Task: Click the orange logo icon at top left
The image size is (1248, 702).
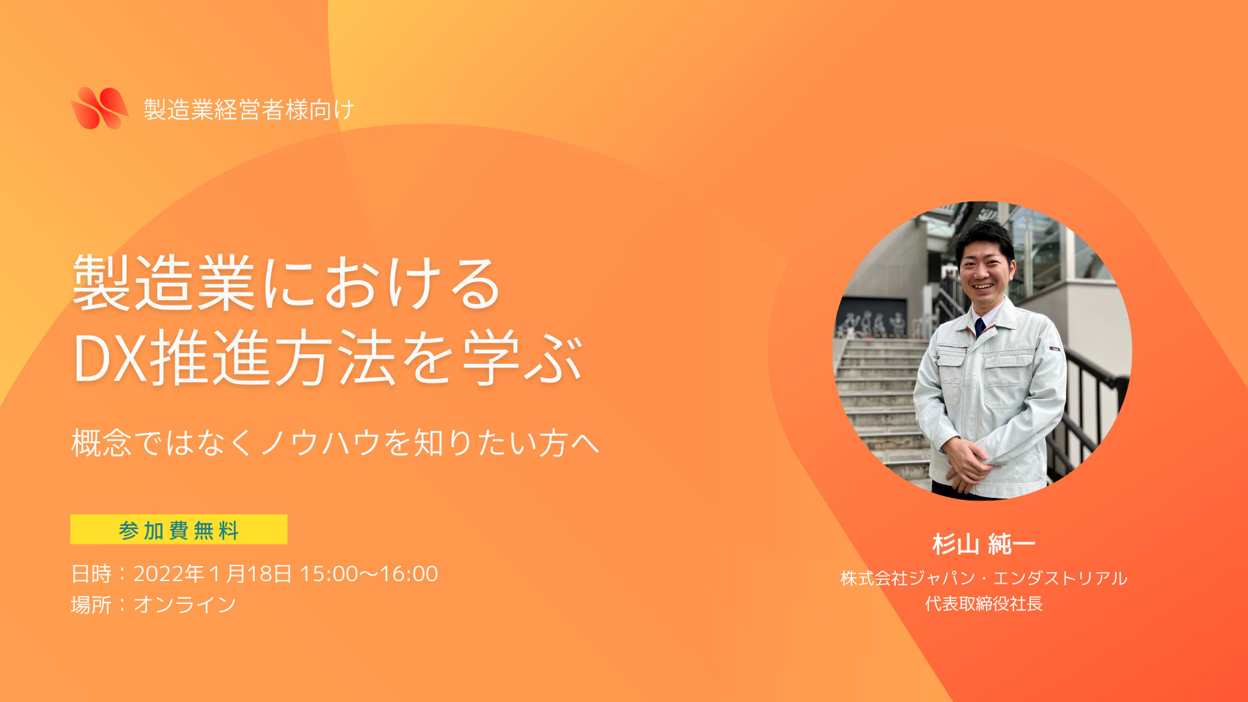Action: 99,108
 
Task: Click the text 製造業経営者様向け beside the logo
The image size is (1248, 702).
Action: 249,109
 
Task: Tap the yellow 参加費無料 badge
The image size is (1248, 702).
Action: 179,529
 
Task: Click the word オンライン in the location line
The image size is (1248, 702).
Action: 185,604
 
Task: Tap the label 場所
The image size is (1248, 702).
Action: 91,604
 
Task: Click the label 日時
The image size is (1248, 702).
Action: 91,573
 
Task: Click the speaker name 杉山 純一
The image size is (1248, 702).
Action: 983,544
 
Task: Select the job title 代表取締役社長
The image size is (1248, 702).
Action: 983,604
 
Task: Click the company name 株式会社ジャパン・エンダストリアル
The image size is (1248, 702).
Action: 983,578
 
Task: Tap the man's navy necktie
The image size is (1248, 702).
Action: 980,326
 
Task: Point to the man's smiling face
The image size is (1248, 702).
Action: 986,270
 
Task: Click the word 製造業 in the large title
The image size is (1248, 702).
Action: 163,283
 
